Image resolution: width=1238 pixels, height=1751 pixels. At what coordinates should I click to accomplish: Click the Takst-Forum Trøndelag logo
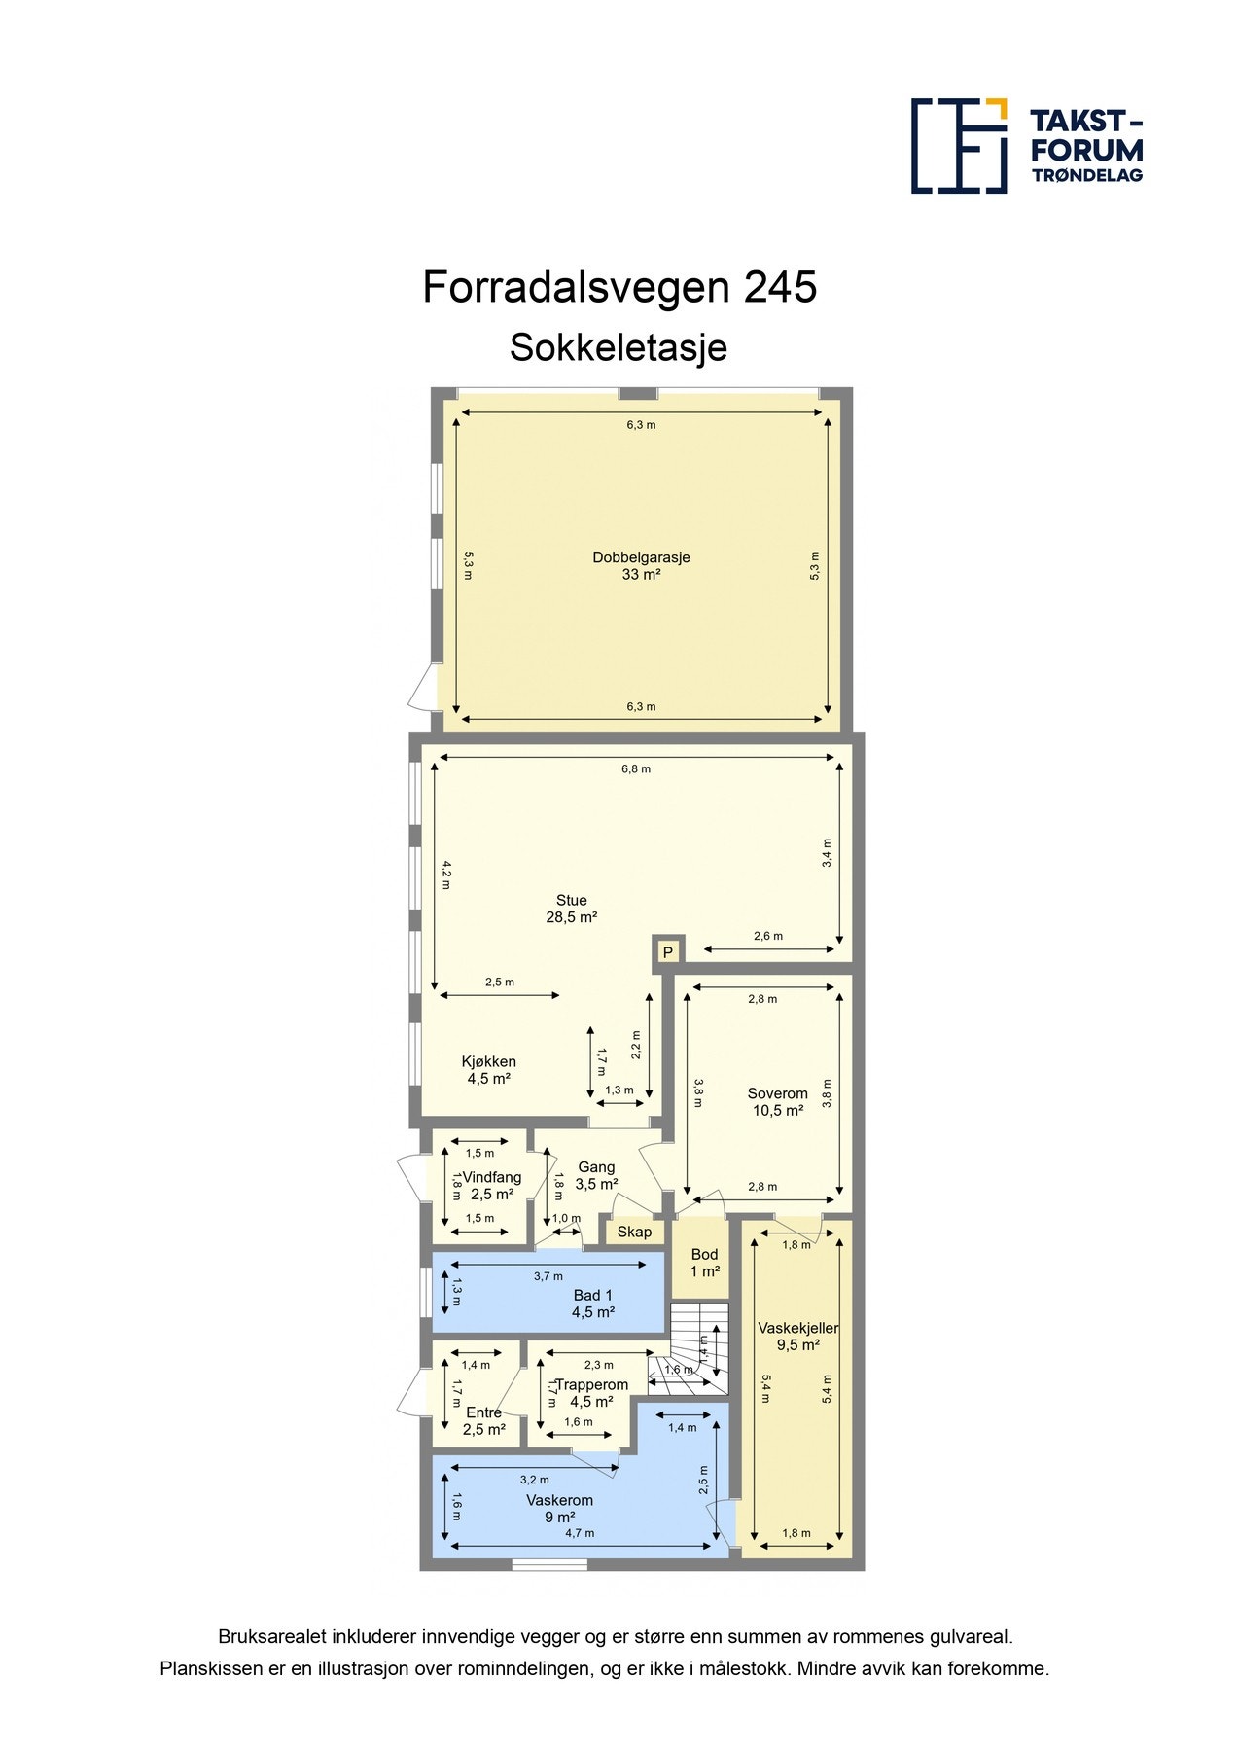(x=1026, y=146)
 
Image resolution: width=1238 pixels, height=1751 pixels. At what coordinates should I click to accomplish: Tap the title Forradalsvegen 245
(x=619, y=288)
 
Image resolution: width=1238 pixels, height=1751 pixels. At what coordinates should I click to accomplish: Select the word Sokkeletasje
(x=619, y=347)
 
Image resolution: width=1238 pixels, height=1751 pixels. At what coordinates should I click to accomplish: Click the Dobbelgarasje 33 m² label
(x=641, y=566)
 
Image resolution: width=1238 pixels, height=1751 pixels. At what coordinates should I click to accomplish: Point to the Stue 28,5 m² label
(x=571, y=909)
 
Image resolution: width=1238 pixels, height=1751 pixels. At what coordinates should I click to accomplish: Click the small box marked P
(x=667, y=952)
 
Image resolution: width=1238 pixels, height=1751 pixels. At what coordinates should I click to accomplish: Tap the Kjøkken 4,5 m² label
(x=488, y=1070)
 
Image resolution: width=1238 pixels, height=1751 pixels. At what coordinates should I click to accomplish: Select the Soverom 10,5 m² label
(x=777, y=1101)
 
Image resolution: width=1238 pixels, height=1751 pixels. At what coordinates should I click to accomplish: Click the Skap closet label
(x=634, y=1232)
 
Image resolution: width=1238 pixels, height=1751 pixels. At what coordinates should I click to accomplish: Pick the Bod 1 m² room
(x=704, y=1263)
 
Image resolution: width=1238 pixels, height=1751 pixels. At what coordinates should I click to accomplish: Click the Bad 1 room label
(x=592, y=1304)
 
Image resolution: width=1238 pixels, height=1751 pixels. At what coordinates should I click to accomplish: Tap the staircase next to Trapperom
(x=697, y=1347)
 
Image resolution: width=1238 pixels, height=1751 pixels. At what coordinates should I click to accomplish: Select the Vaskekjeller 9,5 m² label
(x=797, y=1337)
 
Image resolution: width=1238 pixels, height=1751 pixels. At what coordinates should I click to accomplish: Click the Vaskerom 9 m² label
(x=559, y=1509)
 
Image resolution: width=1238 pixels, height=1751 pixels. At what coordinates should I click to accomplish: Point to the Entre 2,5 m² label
(x=483, y=1421)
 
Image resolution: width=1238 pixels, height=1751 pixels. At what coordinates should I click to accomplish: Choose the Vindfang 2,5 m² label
(x=491, y=1185)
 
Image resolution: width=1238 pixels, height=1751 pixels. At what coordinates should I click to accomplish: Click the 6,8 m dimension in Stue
(x=636, y=768)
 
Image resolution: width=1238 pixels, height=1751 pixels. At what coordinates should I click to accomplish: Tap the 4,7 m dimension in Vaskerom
(x=580, y=1533)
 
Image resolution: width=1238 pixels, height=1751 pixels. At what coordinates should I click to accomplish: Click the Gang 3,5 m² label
(x=596, y=1175)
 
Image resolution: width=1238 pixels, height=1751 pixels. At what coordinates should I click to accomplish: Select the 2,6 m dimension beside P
(x=767, y=936)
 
